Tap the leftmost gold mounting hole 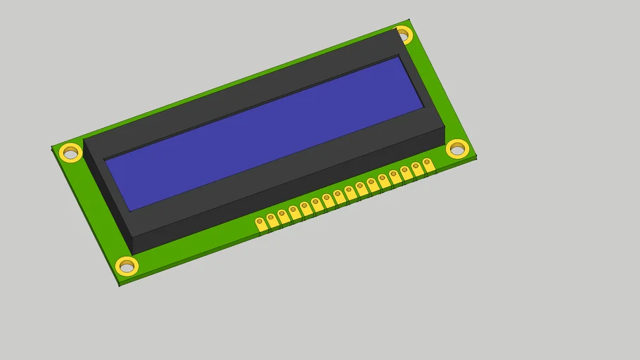pos(70,152)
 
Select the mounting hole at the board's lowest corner pos(127,266)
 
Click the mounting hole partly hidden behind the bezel pos(403,33)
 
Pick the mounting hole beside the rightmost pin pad pos(457,148)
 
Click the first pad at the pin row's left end pos(260,224)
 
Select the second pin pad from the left pos(271,219)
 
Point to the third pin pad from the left pos(283,215)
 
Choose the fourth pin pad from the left pos(294,211)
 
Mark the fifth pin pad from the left pos(305,207)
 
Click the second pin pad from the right pos(416,168)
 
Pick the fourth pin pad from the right pos(395,176)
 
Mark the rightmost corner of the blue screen pos(423,107)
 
